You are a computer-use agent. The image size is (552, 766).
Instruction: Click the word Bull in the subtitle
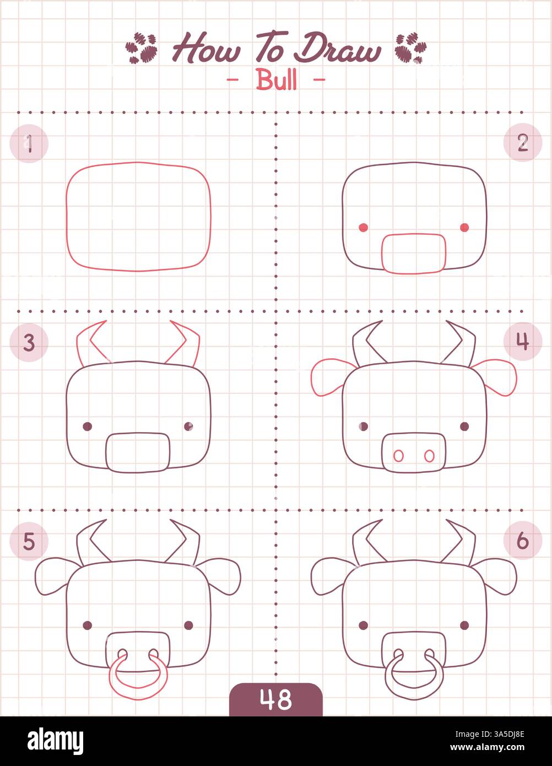point(276,80)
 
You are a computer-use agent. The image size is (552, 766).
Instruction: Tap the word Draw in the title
point(337,50)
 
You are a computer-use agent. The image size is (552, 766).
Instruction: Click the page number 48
point(275,700)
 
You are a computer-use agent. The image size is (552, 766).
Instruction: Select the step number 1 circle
point(29,143)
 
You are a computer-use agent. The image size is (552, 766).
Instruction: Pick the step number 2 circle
point(522,143)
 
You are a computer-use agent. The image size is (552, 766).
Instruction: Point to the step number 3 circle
point(29,342)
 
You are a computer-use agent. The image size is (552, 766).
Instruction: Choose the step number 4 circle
point(522,342)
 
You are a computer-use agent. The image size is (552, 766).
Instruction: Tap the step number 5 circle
point(29,541)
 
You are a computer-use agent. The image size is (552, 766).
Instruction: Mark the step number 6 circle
point(522,541)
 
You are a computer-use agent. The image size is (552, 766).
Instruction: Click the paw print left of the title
point(142,48)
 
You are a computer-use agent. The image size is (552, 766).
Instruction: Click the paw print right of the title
point(410,48)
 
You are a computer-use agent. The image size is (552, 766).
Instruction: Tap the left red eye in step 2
point(363,228)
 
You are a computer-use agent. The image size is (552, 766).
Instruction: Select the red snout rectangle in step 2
point(414,253)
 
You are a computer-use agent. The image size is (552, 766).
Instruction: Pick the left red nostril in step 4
point(397,456)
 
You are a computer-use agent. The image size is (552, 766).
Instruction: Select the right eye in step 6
point(464,625)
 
